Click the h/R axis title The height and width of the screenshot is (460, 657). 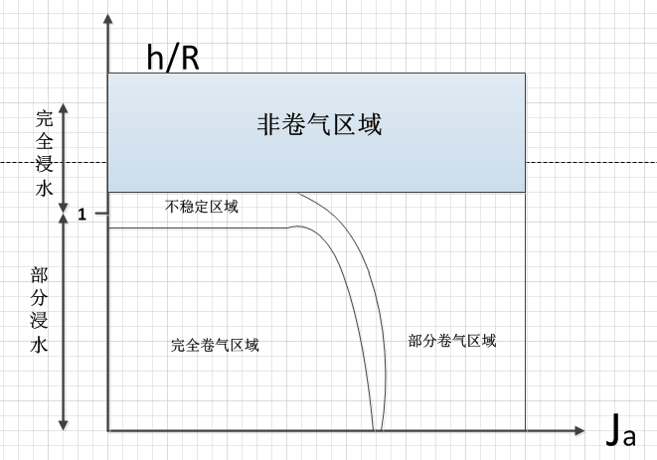[x=173, y=57]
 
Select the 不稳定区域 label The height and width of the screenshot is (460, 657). [x=202, y=208]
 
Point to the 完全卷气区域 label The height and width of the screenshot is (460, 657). [x=216, y=345]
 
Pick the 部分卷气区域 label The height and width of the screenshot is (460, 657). [x=452, y=340]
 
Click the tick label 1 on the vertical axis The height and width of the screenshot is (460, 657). [x=83, y=215]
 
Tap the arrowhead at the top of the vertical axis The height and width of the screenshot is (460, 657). [x=106, y=21]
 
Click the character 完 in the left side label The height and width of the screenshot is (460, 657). [x=44, y=116]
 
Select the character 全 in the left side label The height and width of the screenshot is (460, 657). [x=44, y=140]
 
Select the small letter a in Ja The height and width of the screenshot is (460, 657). [x=628, y=438]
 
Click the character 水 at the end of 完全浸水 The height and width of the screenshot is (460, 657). [x=44, y=188]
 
